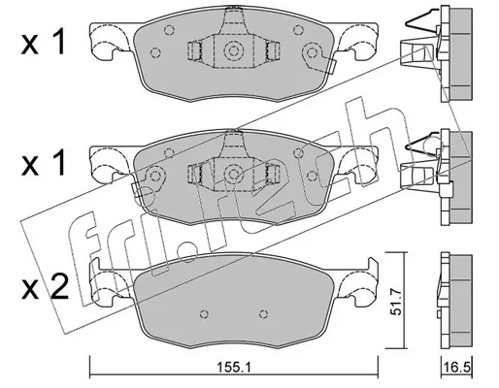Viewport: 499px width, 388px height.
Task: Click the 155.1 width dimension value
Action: pos(234,368)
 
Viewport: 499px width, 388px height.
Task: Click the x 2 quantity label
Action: pos(45,286)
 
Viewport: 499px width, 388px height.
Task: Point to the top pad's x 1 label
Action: pos(44,41)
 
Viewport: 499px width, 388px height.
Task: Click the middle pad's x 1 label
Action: pos(44,163)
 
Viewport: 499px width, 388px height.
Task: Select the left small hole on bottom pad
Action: pos(204,313)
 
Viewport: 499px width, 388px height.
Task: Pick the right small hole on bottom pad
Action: pos(264,313)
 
